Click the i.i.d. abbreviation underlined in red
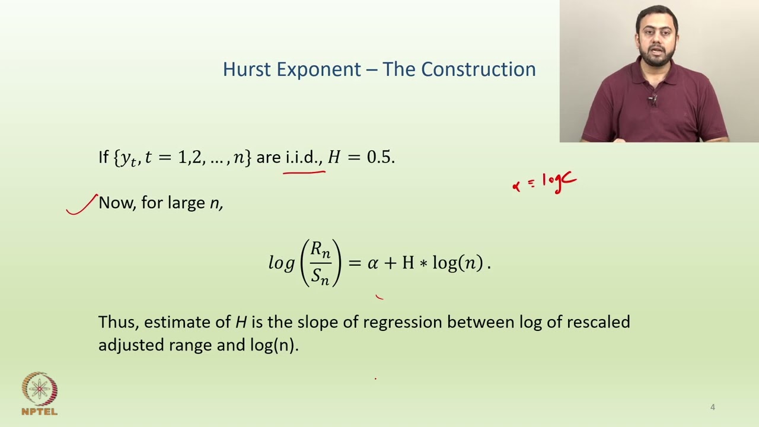(304, 157)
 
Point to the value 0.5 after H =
(379, 157)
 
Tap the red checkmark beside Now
(82, 205)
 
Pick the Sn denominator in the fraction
(320, 276)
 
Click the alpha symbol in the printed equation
(372, 263)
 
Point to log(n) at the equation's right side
(457, 263)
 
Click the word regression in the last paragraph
(403, 322)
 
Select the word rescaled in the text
(598, 322)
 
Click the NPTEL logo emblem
(39, 389)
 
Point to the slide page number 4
(713, 407)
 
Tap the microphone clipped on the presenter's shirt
(653, 100)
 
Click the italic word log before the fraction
(282, 263)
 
